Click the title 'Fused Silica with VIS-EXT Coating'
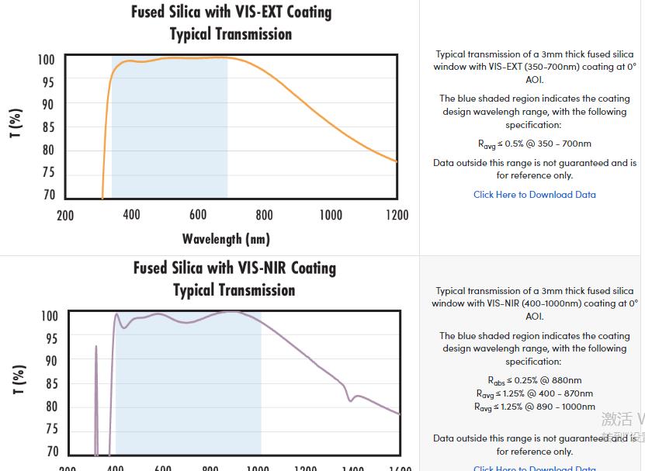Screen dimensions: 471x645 [x=231, y=12]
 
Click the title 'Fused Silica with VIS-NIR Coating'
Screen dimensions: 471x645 [x=234, y=268]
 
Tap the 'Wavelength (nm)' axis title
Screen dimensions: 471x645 [x=226, y=238]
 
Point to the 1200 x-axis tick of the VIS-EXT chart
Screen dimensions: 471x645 [x=397, y=215]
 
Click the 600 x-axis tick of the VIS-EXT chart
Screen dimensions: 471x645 [x=198, y=215]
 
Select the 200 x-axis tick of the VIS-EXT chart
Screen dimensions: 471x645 [x=65, y=215]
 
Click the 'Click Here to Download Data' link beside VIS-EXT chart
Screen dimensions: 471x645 [x=535, y=195]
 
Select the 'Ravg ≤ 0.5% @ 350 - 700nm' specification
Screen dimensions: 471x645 [x=535, y=144]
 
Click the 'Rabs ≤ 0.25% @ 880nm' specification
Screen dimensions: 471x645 [x=535, y=380]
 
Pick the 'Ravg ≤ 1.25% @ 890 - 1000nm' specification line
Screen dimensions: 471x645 [x=535, y=407]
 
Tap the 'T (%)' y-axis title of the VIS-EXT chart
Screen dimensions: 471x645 [x=16, y=123]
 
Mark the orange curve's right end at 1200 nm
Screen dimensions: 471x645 [x=395, y=161]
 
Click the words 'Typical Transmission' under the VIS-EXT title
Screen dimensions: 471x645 [x=231, y=34]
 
